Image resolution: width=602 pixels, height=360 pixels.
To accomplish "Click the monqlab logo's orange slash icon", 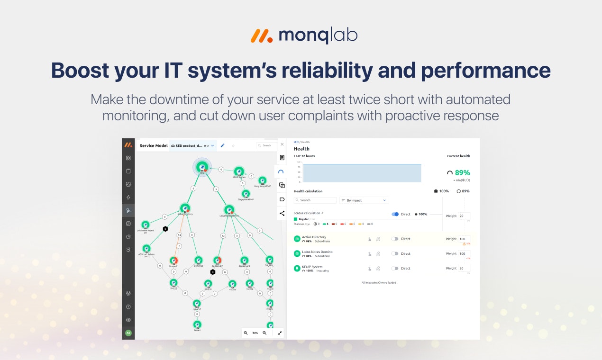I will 261,36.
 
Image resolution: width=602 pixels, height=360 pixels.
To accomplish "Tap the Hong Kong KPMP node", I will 262,180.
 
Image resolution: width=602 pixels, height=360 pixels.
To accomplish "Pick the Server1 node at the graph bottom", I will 197,324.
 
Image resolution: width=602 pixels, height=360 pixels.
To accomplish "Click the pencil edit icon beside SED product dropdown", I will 223,145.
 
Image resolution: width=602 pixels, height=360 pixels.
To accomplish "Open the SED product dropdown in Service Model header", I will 192,145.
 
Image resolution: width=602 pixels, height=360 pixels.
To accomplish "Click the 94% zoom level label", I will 255,333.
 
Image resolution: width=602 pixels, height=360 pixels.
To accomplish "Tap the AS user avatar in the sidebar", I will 128,333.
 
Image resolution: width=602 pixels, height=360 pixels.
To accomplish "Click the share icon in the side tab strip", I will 282,213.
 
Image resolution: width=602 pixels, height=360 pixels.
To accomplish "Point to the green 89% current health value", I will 462,173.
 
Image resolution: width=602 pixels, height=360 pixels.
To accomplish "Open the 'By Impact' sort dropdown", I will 364,200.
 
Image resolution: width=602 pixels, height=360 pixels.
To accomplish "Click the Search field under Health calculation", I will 315,200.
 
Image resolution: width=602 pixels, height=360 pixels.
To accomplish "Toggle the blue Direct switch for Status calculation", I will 395,214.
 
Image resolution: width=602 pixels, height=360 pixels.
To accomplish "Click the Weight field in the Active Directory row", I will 464,239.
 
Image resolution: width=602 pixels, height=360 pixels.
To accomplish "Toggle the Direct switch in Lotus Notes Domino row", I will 394,253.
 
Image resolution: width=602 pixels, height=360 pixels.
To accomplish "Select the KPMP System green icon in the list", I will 297,268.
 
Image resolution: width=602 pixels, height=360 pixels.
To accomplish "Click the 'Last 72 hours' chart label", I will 304,156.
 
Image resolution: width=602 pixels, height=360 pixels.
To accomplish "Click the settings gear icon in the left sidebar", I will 128,320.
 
